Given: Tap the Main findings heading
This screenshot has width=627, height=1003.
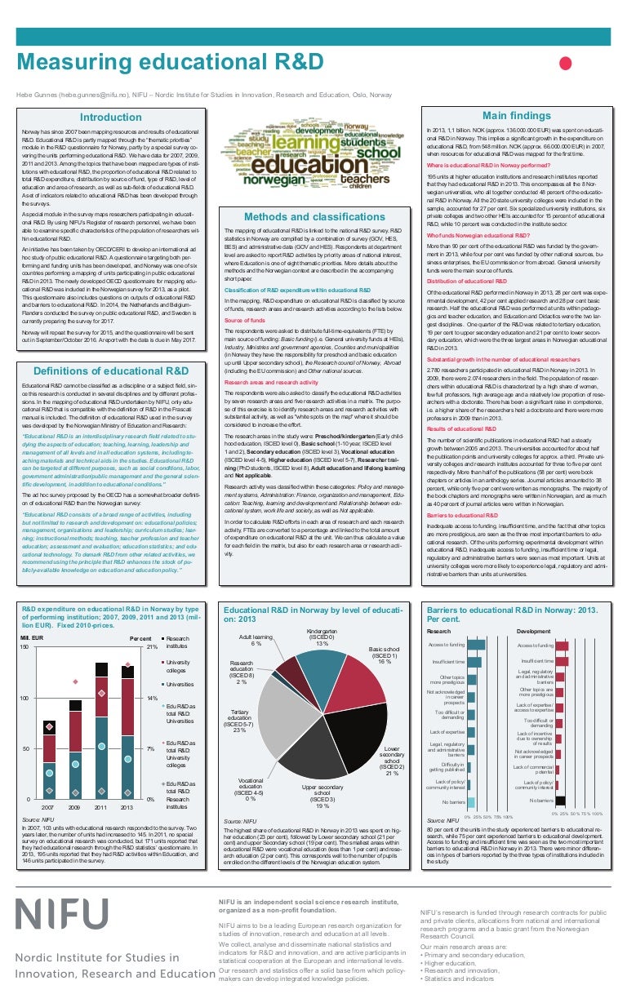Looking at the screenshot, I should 515,116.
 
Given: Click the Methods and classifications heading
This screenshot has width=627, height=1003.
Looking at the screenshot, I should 314,216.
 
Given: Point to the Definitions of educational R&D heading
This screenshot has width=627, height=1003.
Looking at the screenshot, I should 116,371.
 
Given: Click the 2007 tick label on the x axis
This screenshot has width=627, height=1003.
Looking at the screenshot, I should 48,806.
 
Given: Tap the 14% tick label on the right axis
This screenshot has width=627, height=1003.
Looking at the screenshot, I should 152,699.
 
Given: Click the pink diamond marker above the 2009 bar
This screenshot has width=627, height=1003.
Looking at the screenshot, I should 75,681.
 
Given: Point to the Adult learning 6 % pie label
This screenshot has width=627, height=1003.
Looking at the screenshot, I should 256,640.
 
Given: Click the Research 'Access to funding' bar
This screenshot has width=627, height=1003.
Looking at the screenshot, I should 476,645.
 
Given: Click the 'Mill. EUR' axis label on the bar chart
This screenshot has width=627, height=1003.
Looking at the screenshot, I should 33,637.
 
